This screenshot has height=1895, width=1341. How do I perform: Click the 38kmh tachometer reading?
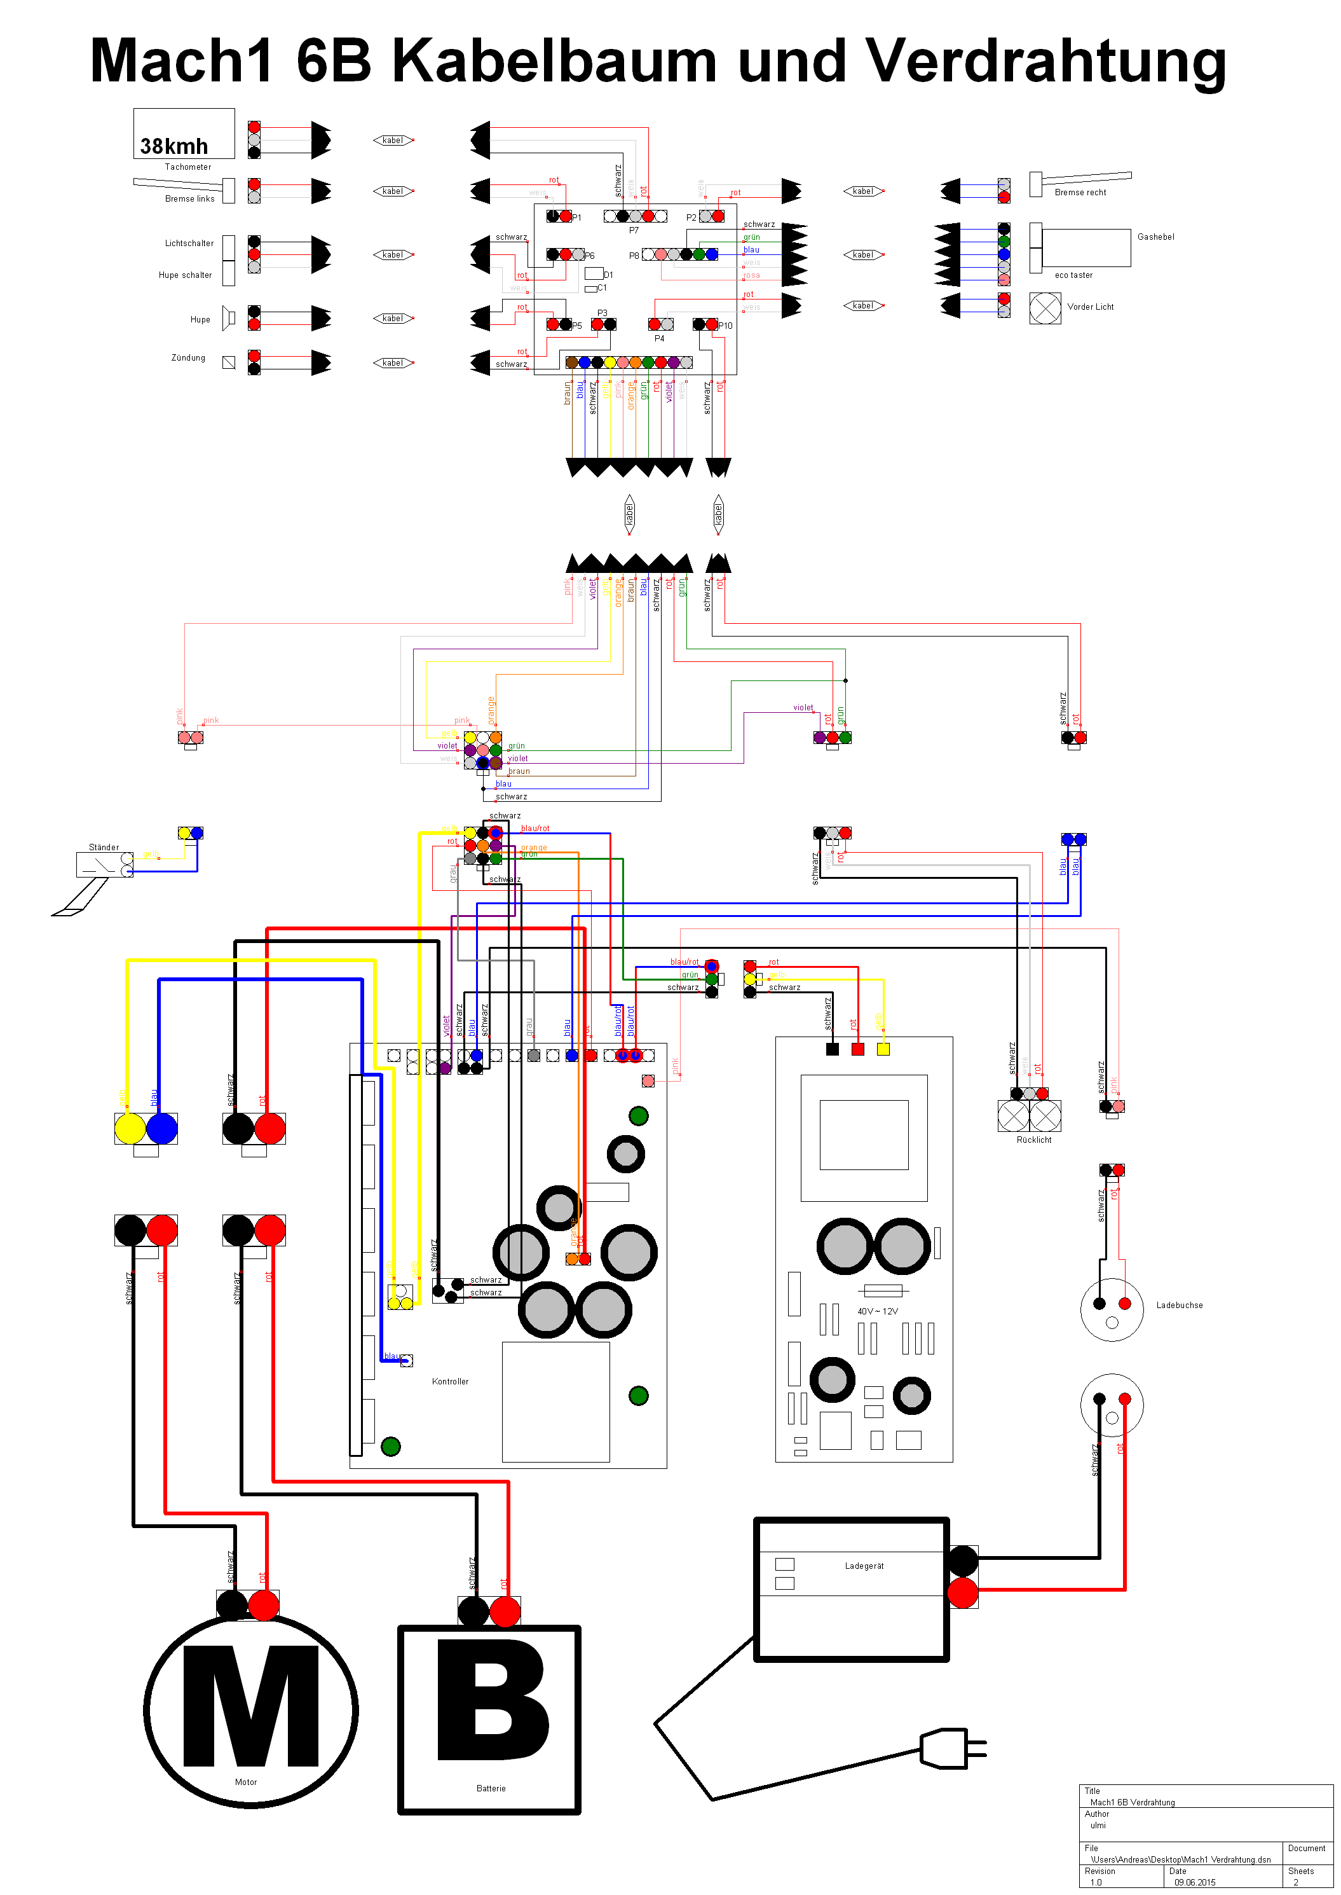point(174,146)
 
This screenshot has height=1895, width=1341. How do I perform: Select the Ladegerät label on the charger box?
point(864,1566)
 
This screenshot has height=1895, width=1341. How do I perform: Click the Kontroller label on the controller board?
point(450,1381)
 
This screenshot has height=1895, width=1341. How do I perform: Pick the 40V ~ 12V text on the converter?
point(877,1311)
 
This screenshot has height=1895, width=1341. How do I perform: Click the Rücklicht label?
point(1034,1140)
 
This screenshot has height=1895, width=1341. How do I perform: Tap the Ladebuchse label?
point(1179,1305)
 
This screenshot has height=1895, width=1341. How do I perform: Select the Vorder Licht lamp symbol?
point(1045,308)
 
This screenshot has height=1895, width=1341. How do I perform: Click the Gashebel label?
point(1155,237)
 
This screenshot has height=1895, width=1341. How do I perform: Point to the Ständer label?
point(104,848)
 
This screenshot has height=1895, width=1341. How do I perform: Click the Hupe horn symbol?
point(229,318)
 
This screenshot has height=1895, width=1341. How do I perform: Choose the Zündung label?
point(188,357)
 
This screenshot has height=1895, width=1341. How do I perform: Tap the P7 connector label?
point(634,230)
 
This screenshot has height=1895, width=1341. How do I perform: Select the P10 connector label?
point(725,326)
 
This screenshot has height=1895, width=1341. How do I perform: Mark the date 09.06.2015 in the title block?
point(1195,1883)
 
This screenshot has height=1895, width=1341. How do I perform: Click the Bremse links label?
point(189,199)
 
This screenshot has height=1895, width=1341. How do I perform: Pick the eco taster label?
point(1073,275)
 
